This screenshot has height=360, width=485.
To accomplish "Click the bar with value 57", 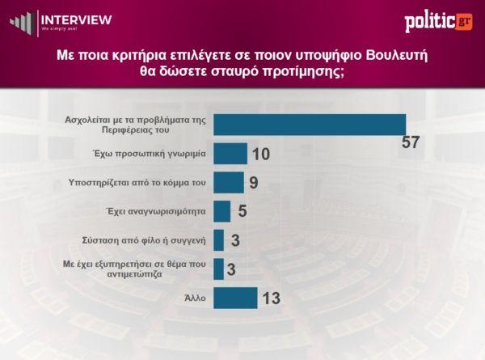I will (309, 125).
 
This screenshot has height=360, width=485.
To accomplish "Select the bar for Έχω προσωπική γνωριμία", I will (230, 154).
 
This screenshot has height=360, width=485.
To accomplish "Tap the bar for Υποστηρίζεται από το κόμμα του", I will (229, 182).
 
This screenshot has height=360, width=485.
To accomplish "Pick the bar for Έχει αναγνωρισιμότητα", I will (222, 211).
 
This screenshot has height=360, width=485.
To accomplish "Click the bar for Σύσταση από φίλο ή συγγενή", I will (219, 240).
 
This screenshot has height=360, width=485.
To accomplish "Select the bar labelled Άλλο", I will (235, 298).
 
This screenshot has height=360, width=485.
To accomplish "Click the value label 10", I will (260, 155).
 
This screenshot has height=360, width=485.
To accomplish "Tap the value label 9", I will (253, 183).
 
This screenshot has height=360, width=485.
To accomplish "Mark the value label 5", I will (241, 212).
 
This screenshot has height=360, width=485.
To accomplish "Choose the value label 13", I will (271, 299).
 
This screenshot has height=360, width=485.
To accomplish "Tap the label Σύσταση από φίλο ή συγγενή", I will (146, 240).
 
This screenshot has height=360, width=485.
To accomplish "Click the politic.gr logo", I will (438, 23).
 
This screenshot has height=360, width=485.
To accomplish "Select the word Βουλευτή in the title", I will (394, 56).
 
